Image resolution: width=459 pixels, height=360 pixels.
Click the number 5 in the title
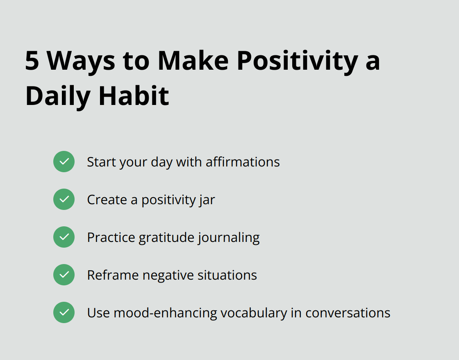click(32, 61)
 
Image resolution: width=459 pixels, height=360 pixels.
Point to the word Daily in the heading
click(58, 96)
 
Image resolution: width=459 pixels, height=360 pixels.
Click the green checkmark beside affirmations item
click(64, 162)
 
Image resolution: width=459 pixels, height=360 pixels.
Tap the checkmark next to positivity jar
click(64, 199)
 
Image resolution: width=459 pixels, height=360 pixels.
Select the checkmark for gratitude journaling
click(64, 237)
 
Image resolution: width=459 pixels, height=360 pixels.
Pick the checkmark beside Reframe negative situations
click(64, 275)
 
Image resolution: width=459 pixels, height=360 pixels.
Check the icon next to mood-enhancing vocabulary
click(64, 312)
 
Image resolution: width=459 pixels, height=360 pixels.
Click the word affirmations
click(243, 162)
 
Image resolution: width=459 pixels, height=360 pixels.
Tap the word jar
click(207, 200)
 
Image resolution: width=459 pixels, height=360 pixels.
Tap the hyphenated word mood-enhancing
click(166, 313)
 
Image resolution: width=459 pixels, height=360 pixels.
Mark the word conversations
click(348, 313)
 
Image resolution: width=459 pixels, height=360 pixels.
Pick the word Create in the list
click(107, 200)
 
